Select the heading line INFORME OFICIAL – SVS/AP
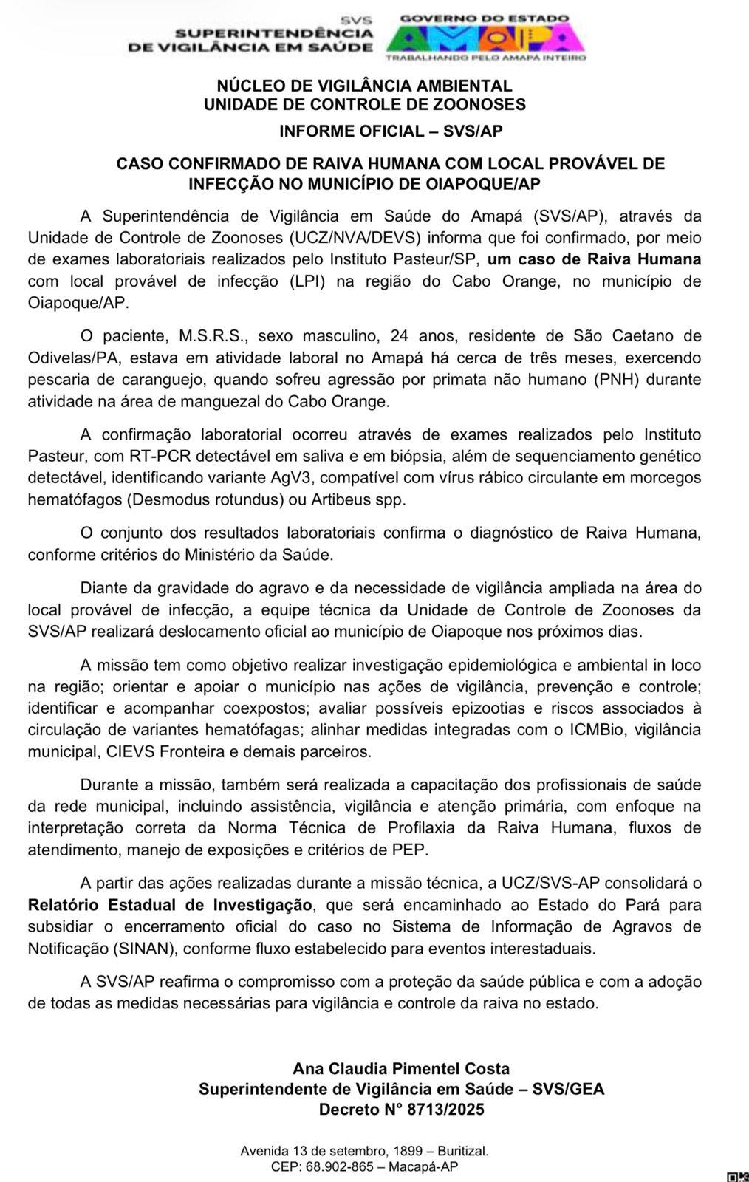point(391,131)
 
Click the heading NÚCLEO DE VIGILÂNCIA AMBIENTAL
point(364,86)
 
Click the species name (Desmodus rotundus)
point(206,499)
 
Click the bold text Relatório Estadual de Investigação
point(170,905)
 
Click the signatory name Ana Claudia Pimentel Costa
point(401,1068)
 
